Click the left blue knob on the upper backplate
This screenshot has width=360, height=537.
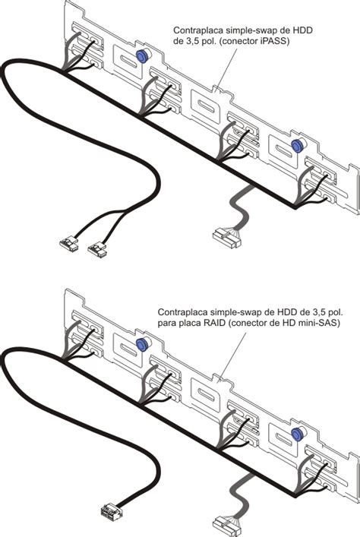141,56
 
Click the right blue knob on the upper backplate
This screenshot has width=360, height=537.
296,146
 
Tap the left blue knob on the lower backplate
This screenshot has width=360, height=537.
141,345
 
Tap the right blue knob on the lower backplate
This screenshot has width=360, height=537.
296,434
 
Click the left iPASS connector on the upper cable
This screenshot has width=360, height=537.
69,244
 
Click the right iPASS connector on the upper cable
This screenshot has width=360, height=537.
97,250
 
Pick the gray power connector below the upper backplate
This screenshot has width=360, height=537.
226,237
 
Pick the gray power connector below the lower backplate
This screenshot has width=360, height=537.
226,527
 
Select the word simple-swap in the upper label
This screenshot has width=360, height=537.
241,30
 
